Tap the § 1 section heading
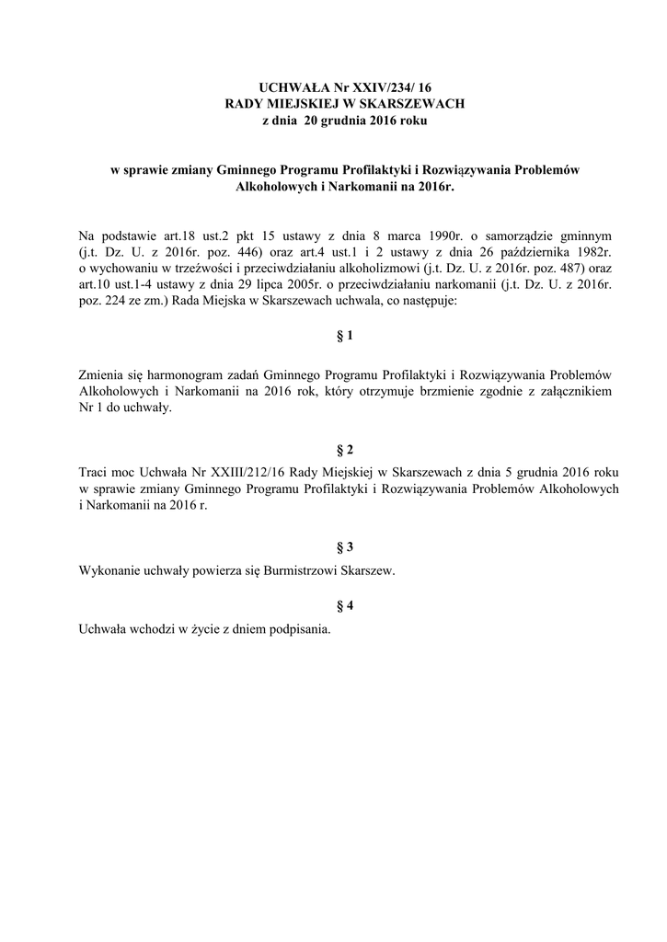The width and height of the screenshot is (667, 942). pos(345,337)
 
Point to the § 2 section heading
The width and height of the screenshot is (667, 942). pos(345,449)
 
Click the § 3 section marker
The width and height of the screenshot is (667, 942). pos(345,546)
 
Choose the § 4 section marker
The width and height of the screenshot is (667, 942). pos(345,604)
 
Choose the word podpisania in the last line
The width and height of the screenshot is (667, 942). pos(298,630)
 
